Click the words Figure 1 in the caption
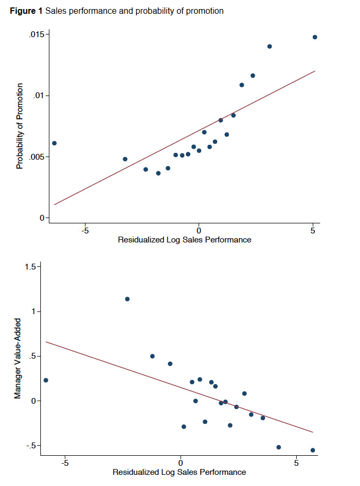[27, 11]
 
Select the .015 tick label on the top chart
[38, 34]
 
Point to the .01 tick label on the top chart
[41, 96]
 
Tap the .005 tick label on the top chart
[38, 157]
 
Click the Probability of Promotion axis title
[20, 126]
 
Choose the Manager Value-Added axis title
[18, 359]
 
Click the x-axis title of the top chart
[184, 240]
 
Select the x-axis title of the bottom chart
[179, 472]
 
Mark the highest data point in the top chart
[315, 37]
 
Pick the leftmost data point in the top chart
[54, 143]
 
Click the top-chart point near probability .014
[270, 46]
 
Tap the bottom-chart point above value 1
[127, 299]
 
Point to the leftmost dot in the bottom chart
[46, 380]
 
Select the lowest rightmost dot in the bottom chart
[313, 450]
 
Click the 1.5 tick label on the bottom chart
[30, 267]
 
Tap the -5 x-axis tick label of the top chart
[84, 231]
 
